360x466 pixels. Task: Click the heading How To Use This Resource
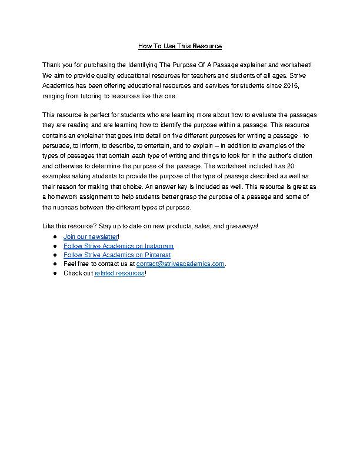pyautogui.click(x=179, y=46)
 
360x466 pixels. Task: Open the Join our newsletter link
pyautogui.click(x=91, y=237)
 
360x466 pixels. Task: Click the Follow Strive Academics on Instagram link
pyautogui.click(x=118, y=246)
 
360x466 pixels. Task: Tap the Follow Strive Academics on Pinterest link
pyautogui.click(x=116, y=255)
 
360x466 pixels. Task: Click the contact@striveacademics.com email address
pyautogui.click(x=181, y=264)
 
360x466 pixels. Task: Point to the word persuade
pyautogui.click(x=56, y=147)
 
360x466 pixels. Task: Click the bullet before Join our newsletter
pyautogui.click(x=54, y=237)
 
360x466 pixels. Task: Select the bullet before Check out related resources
pyautogui.click(x=54, y=274)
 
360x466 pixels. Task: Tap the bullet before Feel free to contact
pyautogui.click(x=54, y=264)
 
